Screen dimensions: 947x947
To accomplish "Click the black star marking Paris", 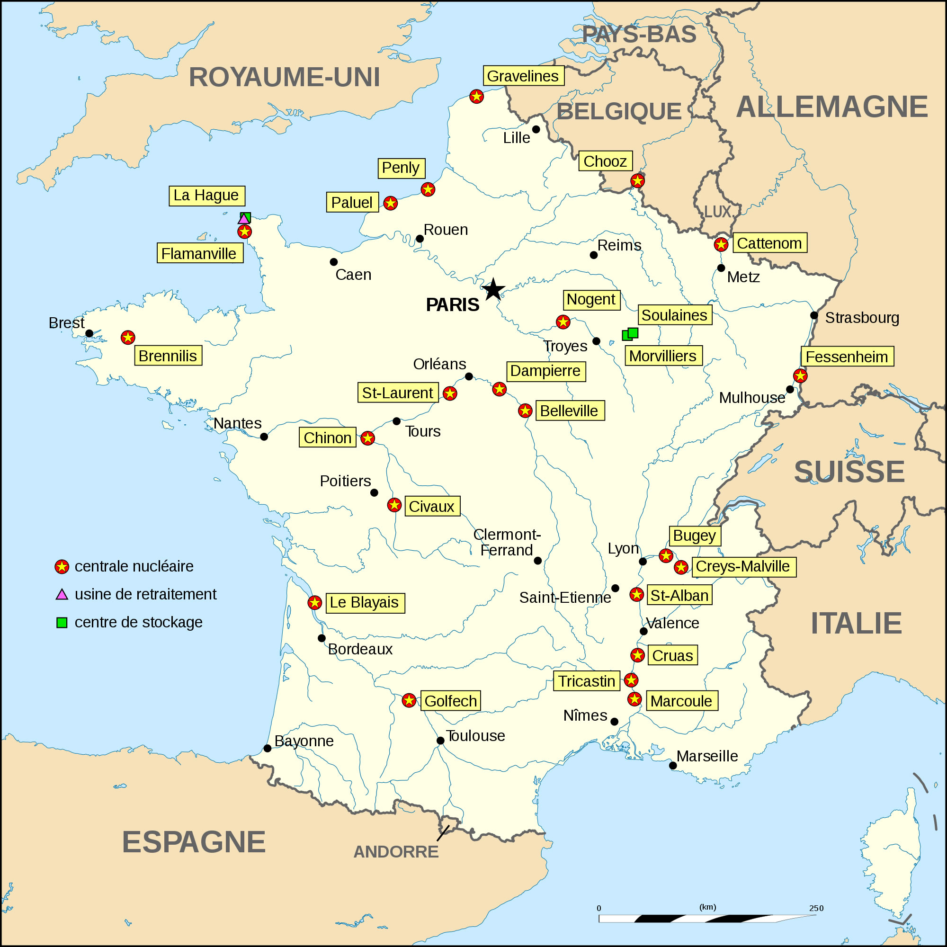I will [493, 290].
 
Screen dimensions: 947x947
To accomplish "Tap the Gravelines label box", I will [523, 76].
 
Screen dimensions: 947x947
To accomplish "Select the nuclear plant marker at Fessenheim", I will [800, 376].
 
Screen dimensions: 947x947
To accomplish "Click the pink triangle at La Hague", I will [243, 219].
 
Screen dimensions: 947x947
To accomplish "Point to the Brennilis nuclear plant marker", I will [128, 337].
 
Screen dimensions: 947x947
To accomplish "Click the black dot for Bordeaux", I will [322, 638].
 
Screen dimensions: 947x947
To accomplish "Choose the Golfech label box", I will [450, 701].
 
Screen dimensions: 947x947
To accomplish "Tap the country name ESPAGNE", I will [194, 842].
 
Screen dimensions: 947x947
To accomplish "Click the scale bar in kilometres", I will [707, 918].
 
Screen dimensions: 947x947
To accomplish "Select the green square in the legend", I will [62, 623].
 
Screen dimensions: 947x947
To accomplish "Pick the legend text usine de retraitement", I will [145, 594].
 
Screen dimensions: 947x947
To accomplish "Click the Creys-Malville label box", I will [743, 567].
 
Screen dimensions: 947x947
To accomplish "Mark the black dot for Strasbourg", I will [814, 315].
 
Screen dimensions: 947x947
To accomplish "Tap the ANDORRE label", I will [396, 852].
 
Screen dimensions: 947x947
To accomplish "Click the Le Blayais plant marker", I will [315, 602].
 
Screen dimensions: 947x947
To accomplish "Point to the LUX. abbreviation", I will [718, 212].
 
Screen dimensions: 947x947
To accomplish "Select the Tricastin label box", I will [587, 681].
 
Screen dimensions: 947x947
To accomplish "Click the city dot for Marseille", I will [673, 766].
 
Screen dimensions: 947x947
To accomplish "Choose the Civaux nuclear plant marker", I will [394, 505].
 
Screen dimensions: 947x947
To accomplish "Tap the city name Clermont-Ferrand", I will [507, 542].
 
